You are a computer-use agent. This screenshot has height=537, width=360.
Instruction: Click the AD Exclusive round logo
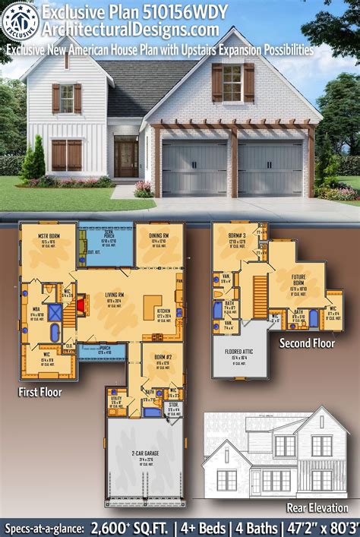tap(21, 21)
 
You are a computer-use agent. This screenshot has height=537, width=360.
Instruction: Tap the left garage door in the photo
tap(194, 168)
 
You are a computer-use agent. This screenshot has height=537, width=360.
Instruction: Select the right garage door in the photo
tap(270, 168)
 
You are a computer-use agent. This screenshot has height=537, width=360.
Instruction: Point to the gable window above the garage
tap(233, 82)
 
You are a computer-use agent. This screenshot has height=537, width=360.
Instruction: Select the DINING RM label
tap(159, 236)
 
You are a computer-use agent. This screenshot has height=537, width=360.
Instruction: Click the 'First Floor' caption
tap(39, 392)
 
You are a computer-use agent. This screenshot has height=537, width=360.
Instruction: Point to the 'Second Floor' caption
tap(307, 343)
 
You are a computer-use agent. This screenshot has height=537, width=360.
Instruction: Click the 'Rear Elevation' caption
tap(317, 507)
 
